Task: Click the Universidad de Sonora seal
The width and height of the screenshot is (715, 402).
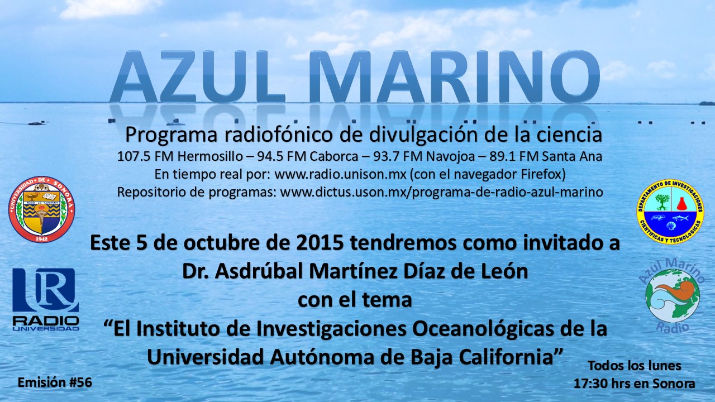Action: [x=41, y=209]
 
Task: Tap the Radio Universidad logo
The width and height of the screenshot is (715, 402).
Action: [x=46, y=299]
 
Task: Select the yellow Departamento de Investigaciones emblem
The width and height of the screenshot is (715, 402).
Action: [x=670, y=212]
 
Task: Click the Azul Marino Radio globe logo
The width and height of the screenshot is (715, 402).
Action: [x=673, y=296]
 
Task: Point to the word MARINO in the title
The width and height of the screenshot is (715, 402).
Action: [x=455, y=76]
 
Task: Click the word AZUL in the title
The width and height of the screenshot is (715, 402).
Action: [x=198, y=76]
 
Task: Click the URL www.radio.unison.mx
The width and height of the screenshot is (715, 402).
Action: [x=340, y=175]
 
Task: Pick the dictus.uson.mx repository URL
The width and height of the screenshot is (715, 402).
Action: [x=441, y=192]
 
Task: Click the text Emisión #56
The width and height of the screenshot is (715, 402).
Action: [x=55, y=382]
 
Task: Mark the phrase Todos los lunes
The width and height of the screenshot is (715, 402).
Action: [x=635, y=366]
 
